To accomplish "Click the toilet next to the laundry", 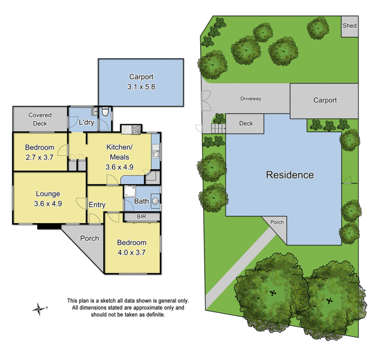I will [105, 112].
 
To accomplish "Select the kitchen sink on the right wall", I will [156, 151].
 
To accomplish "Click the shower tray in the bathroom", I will [129, 191].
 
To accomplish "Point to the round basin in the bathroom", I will [155, 201].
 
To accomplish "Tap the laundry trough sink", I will [95, 112].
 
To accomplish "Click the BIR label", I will [142, 217].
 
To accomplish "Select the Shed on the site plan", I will [349, 26].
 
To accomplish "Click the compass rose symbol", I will [38, 308].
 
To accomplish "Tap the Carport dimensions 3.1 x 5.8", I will [140, 87].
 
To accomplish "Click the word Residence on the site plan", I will [290, 175].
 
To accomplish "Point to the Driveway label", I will [250, 99].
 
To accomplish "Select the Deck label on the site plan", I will [246, 123].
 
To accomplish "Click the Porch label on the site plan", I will [277, 222].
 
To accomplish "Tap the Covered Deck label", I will [40, 119].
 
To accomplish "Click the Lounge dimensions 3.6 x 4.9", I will [48, 203].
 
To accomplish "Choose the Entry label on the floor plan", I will [97, 205].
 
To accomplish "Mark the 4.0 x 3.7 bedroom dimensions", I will [131, 252].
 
